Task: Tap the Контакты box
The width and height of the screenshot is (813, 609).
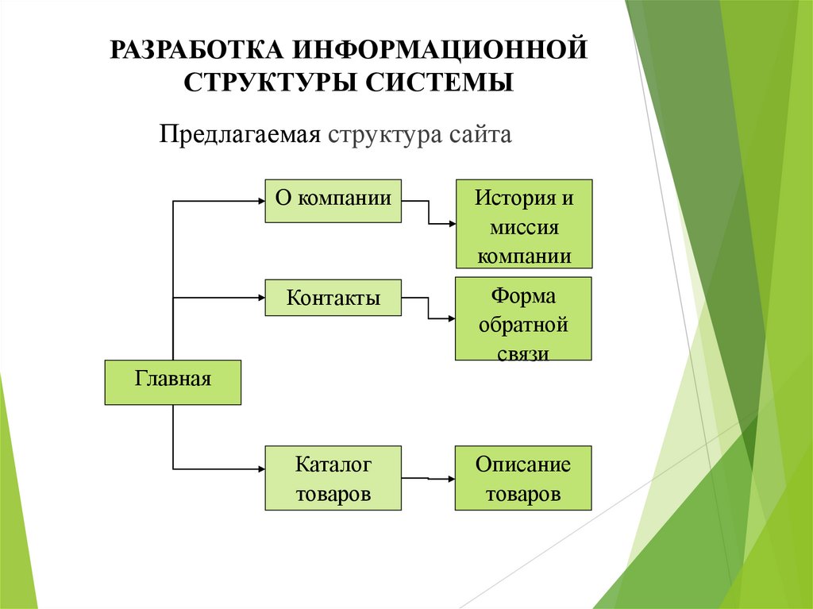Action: (x=333, y=298)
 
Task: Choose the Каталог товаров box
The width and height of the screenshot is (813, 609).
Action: (x=333, y=477)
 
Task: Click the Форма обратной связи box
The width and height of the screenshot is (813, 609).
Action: (x=523, y=319)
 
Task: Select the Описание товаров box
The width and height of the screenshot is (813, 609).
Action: (x=523, y=477)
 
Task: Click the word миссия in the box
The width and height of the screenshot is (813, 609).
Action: (x=523, y=228)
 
